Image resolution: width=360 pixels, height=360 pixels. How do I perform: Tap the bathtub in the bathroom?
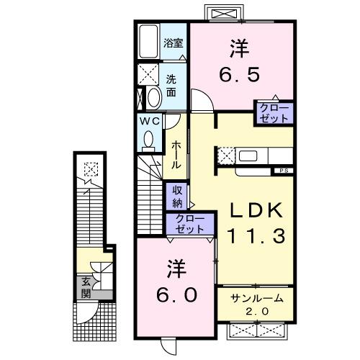(x=149, y=42)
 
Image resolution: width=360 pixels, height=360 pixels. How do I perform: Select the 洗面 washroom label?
(x=171, y=86)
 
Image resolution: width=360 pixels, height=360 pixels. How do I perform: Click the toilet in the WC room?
(x=149, y=141)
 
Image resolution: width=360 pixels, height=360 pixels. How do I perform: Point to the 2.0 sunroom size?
(x=257, y=310)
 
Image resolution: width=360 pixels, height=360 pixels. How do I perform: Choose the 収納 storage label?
(x=176, y=197)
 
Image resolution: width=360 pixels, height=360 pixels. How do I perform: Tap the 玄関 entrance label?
(x=86, y=288)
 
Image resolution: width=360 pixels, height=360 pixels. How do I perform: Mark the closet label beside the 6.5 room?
(x=273, y=113)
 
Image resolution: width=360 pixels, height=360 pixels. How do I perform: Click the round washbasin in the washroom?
(x=153, y=96)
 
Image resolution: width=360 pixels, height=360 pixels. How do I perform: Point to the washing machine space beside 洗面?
(x=150, y=75)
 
